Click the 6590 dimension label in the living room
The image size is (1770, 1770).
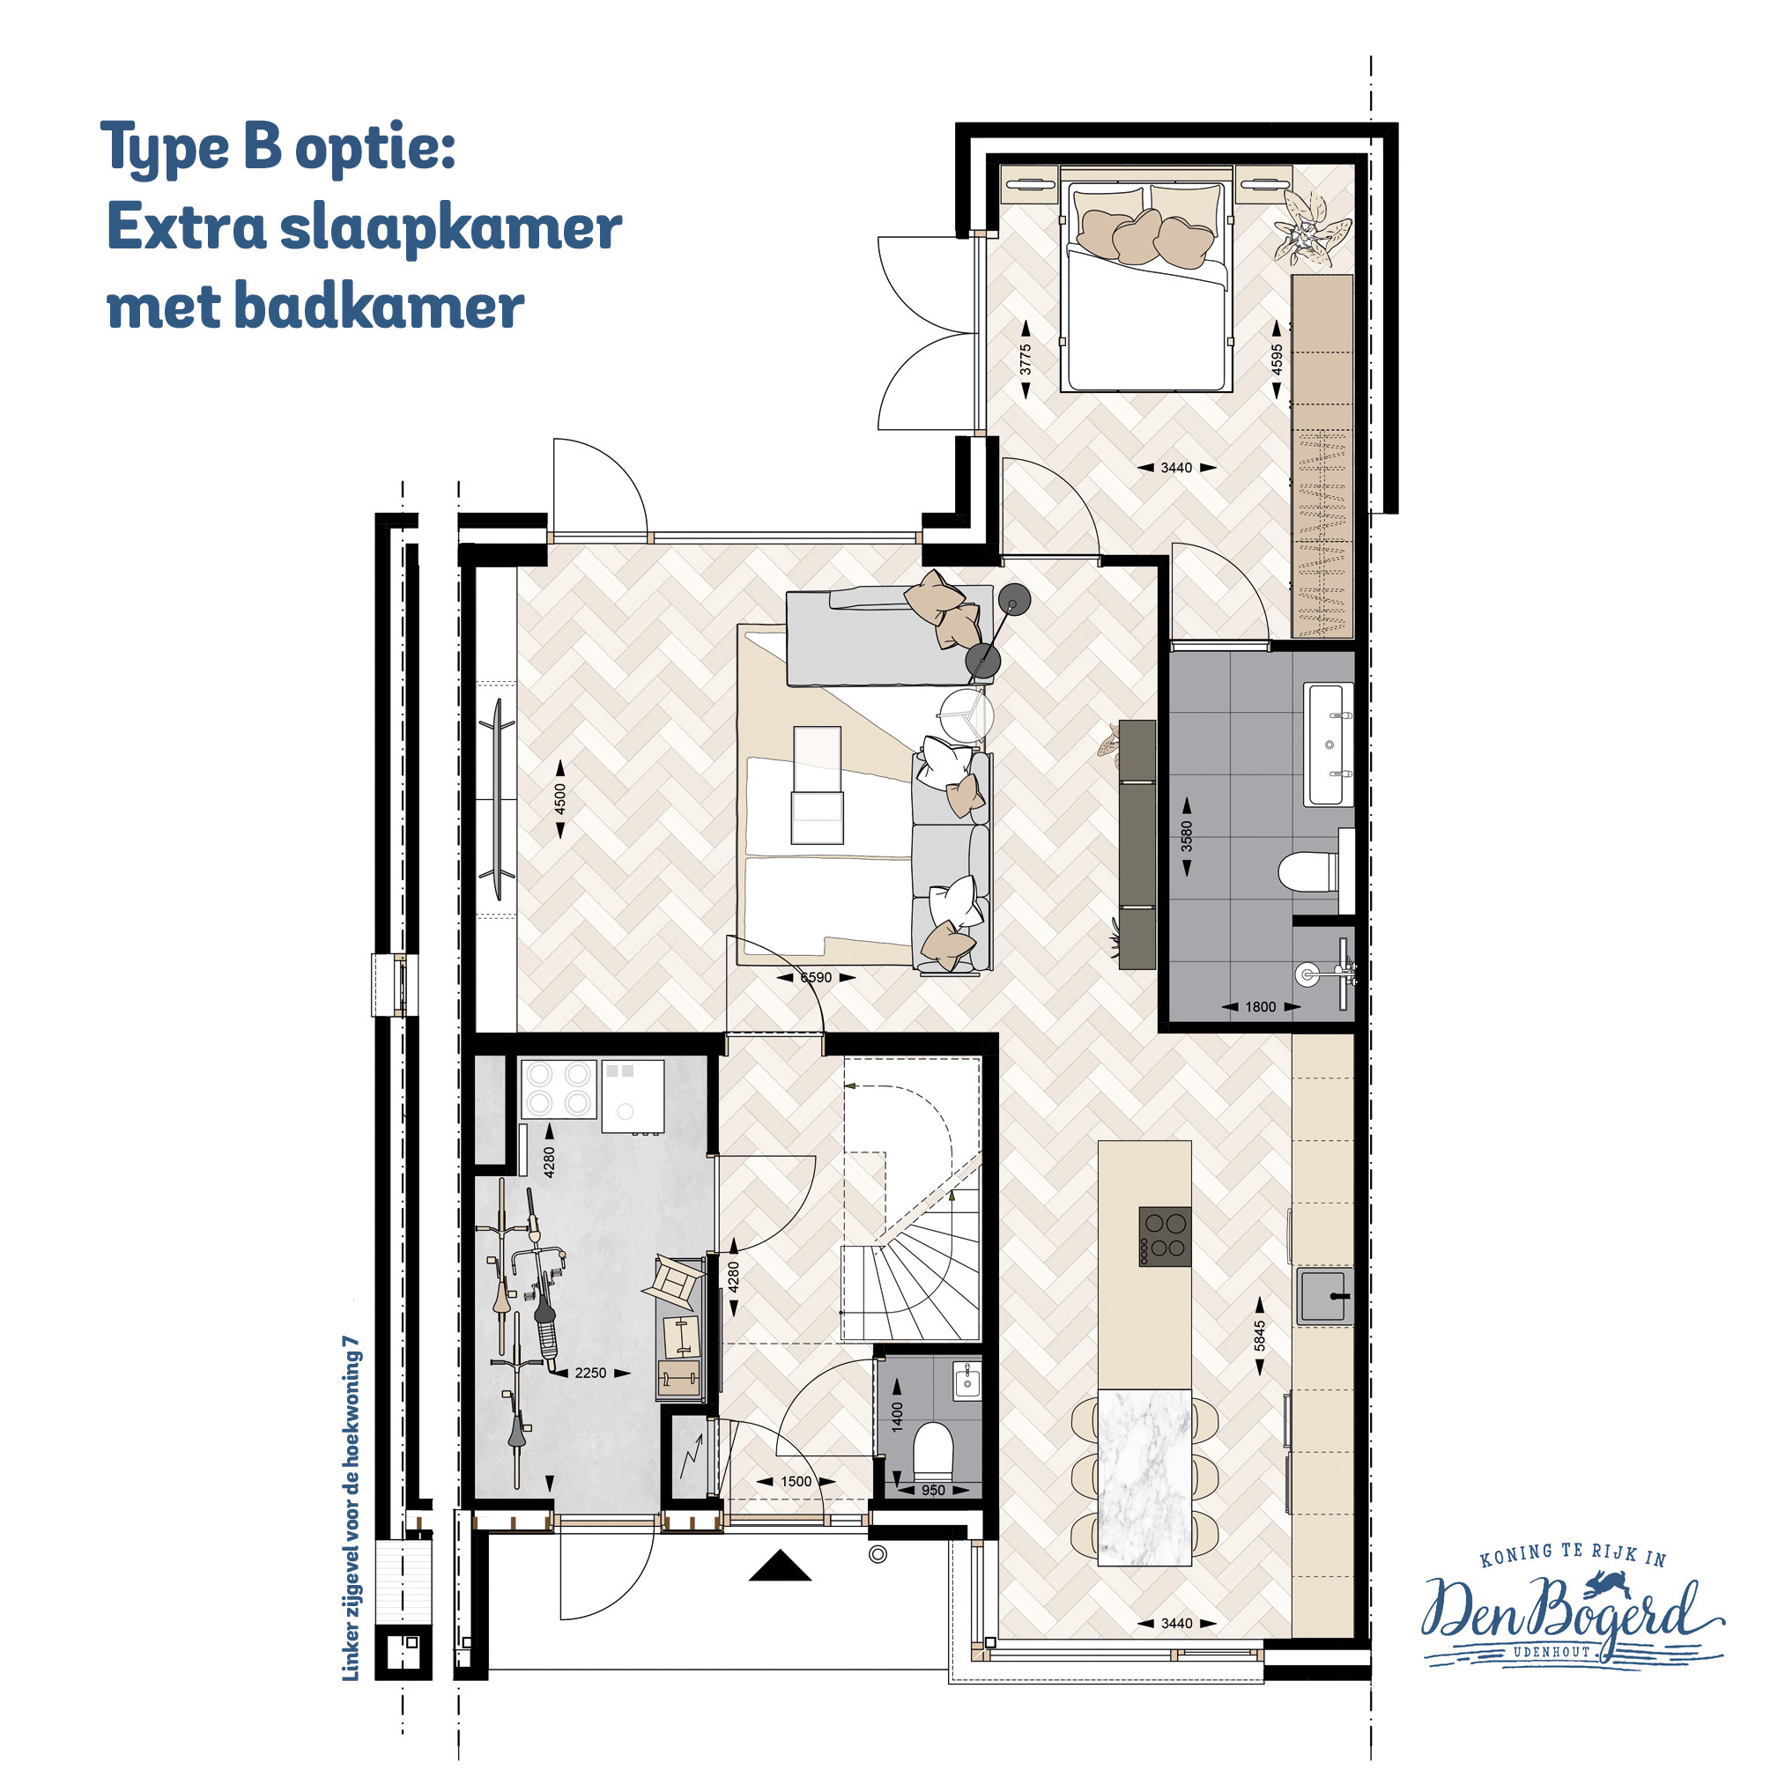(x=815, y=978)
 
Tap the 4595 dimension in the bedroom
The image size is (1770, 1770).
(x=1278, y=359)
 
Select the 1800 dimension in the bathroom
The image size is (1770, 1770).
(x=1261, y=1007)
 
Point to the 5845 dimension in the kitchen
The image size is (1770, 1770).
(x=1261, y=1335)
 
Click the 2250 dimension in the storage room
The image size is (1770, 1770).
(x=590, y=1373)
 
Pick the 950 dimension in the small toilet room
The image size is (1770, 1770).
(x=933, y=1491)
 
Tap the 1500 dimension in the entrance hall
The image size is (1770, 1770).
(x=796, y=1481)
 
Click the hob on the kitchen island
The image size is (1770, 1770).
(x=1165, y=1236)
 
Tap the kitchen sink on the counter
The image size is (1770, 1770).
(x=1325, y=1295)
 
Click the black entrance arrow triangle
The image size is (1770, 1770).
(x=781, y=1565)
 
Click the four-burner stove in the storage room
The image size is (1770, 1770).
(x=559, y=1088)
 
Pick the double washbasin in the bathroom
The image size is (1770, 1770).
(x=1329, y=744)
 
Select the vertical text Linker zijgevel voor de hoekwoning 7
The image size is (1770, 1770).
(x=351, y=1509)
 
